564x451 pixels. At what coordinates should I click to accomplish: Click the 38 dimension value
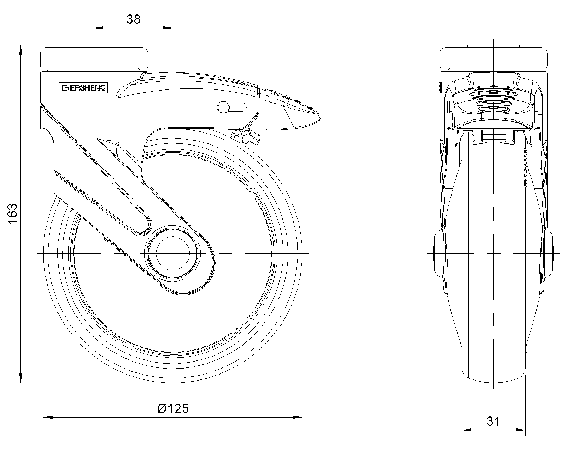(133, 19)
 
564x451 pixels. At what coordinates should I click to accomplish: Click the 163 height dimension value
(12, 213)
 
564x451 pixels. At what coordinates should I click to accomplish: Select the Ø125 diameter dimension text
(173, 409)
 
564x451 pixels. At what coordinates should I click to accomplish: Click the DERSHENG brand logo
(83, 88)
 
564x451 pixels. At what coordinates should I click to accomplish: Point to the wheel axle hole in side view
(172, 253)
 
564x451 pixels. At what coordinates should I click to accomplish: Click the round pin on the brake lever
(223, 107)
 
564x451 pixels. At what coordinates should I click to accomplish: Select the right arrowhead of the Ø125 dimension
(298, 417)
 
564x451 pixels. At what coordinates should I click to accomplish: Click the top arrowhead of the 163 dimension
(21, 50)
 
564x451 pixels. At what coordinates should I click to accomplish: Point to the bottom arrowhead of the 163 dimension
(21, 378)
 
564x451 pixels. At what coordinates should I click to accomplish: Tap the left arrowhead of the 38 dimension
(99, 28)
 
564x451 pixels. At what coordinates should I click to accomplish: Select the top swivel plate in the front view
(94, 58)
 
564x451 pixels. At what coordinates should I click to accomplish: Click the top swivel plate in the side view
(493, 58)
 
